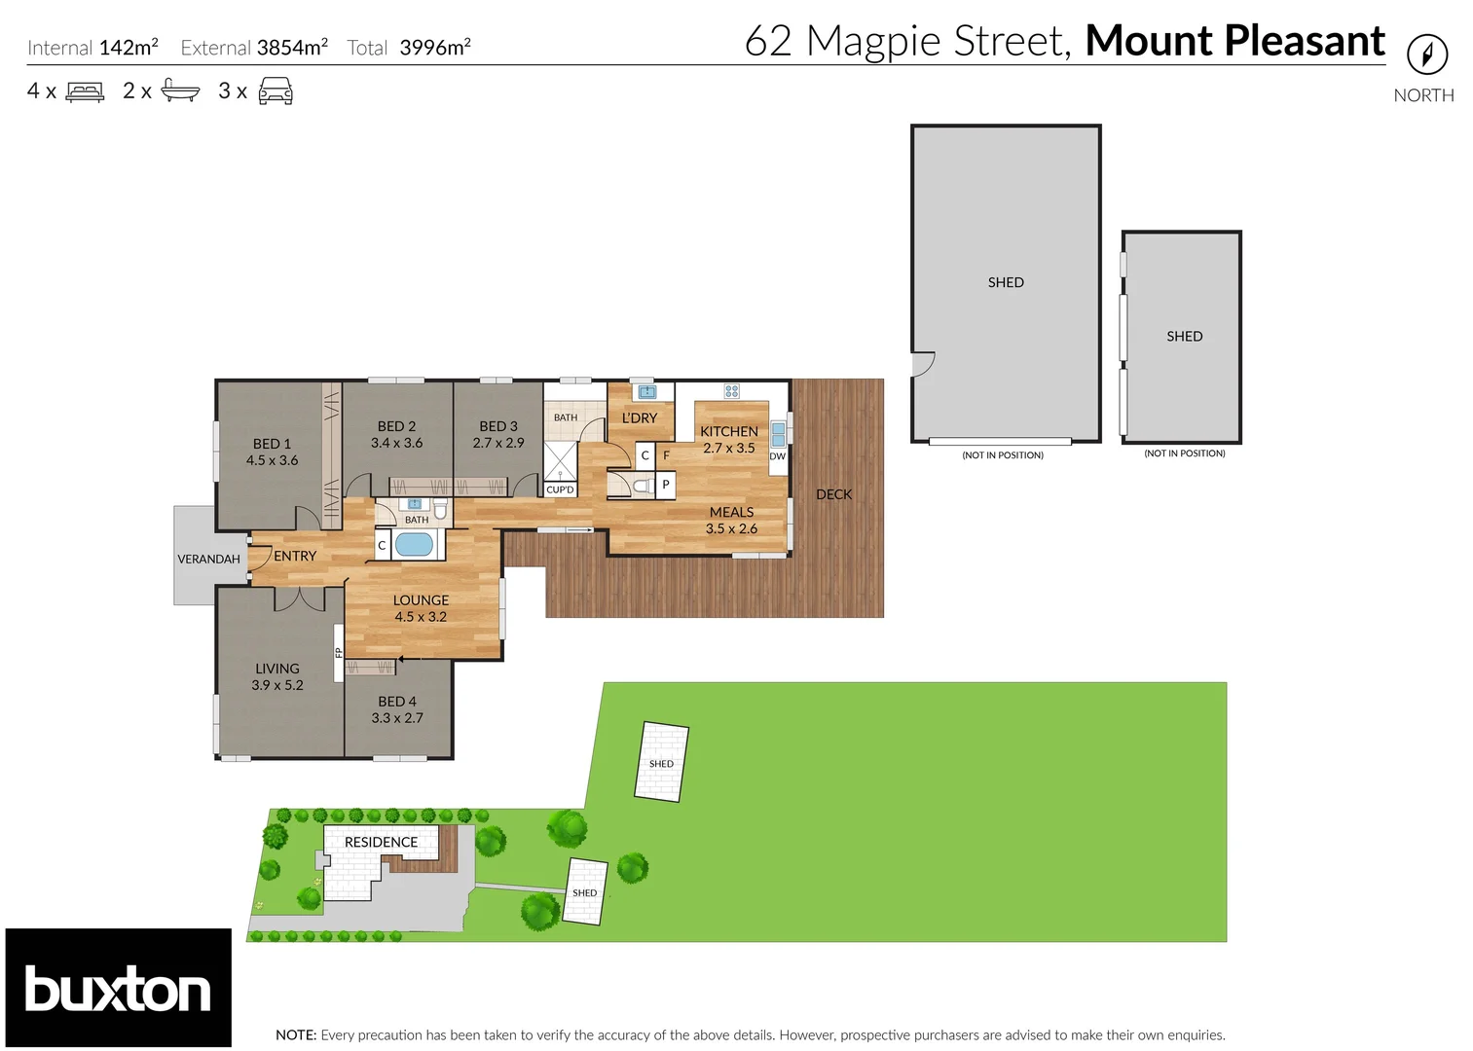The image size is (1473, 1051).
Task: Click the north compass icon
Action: click(x=1426, y=54)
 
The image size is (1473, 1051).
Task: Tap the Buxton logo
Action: click(x=118, y=988)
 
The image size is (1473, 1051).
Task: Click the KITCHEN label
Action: click(x=728, y=431)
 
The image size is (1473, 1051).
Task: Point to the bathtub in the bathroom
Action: click(x=414, y=544)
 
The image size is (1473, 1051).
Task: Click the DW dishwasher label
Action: click(x=777, y=456)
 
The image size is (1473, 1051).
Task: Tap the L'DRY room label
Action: click(x=640, y=417)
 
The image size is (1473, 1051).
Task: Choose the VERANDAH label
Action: click(x=208, y=559)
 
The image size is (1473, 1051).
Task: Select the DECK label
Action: click(x=833, y=494)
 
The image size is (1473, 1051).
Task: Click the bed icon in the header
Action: click(x=85, y=92)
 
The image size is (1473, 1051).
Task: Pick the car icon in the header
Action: click(x=276, y=91)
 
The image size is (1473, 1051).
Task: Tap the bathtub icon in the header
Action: click(x=180, y=91)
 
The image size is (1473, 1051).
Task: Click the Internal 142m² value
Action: click(x=129, y=47)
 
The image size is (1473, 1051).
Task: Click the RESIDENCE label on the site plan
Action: click(x=381, y=842)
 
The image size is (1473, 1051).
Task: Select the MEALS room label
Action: click(x=731, y=512)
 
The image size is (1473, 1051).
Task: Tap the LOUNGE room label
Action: click(x=421, y=600)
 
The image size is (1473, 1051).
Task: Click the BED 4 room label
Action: click(x=397, y=702)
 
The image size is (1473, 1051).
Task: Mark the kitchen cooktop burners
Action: click(x=731, y=391)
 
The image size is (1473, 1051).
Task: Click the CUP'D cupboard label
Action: click(x=560, y=489)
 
